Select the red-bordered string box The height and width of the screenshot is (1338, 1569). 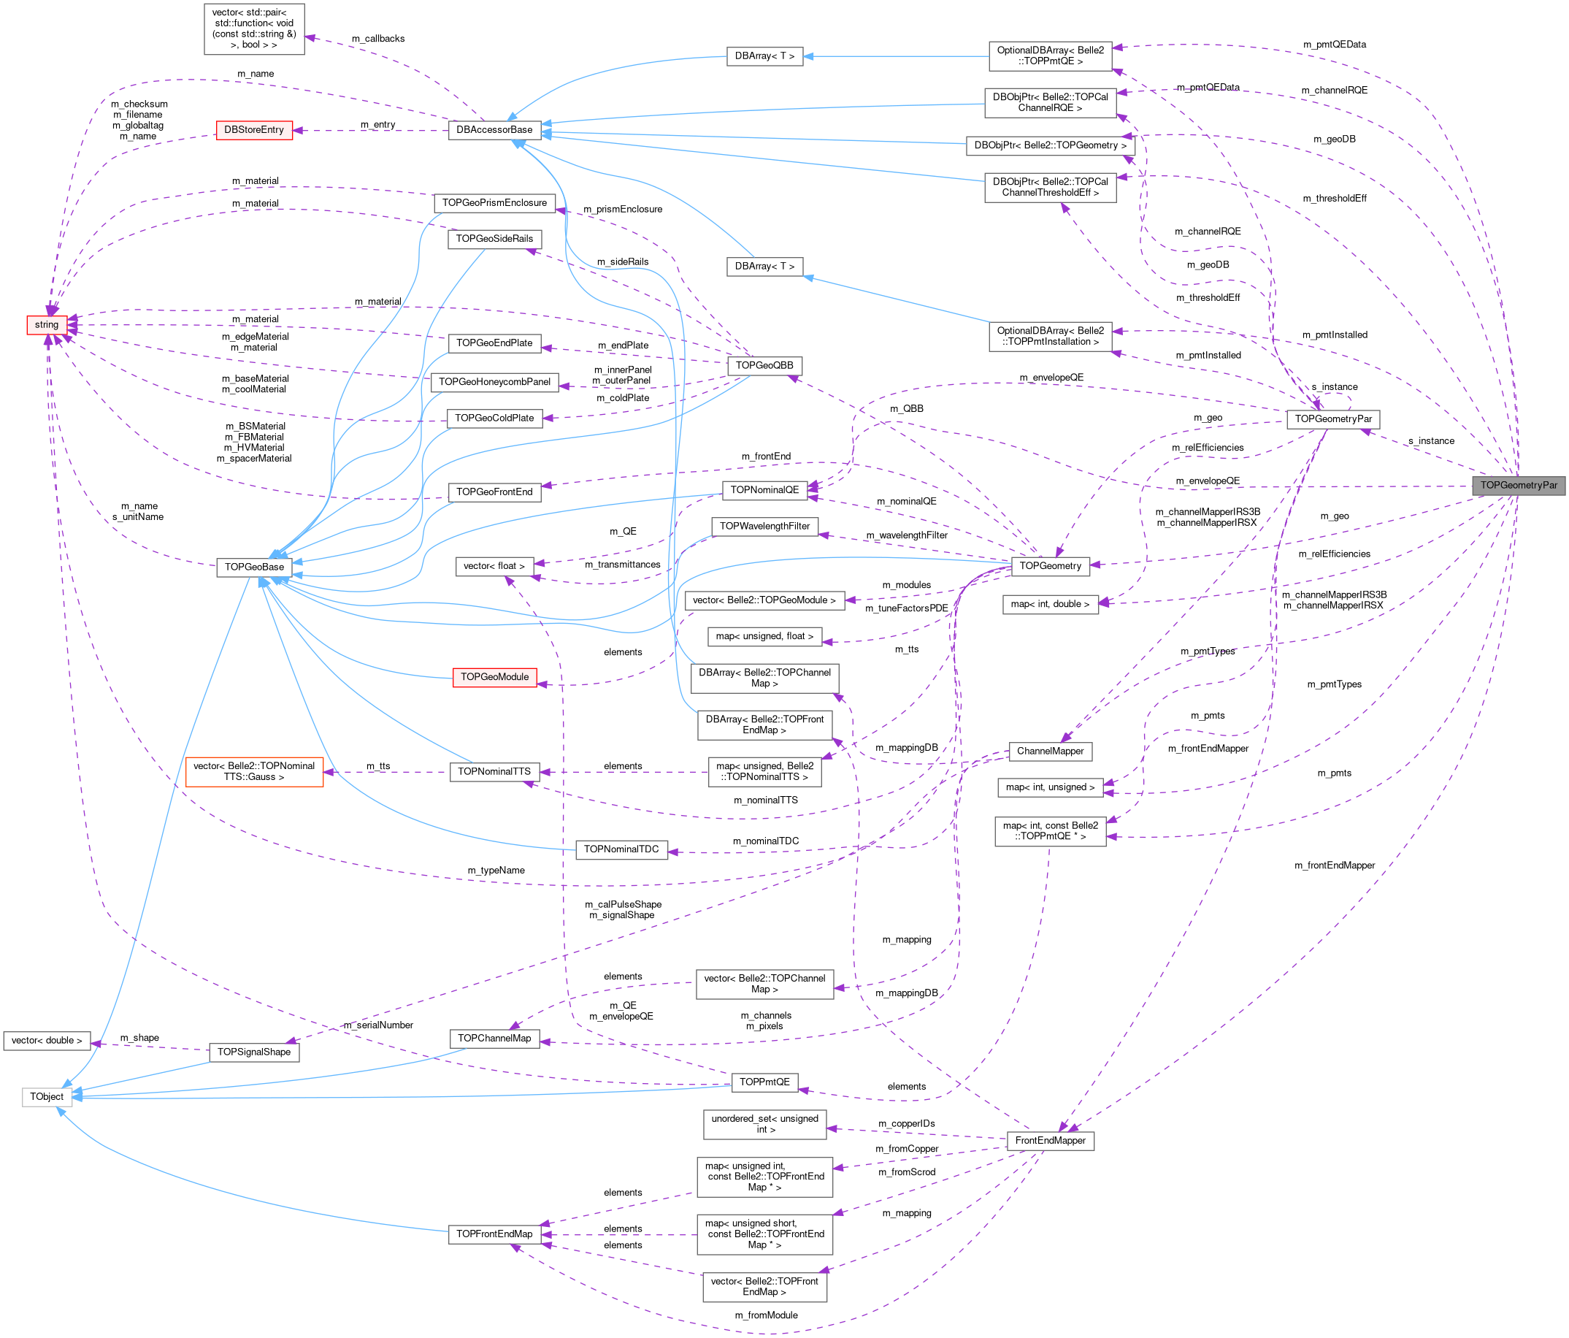click(46, 325)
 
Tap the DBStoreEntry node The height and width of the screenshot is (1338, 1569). click(253, 130)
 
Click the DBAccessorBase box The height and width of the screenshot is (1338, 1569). click(494, 130)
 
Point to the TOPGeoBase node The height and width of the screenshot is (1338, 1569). click(253, 567)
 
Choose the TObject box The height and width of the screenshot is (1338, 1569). click(46, 1096)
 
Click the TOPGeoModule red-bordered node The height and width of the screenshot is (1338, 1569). click(494, 677)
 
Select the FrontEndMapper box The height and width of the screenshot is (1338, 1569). click(1050, 1140)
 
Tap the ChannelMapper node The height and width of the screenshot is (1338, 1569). click(1050, 751)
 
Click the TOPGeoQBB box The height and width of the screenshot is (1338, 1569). click(764, 366)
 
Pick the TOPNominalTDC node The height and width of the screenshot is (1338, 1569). click(621, 849)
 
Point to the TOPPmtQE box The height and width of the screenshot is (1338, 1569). click(764, 1082)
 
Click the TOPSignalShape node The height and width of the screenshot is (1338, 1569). click(253, 1052)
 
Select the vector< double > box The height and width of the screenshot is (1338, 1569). click(46, 1040)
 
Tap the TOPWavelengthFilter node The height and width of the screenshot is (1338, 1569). click(764, 527)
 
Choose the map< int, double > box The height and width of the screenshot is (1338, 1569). click(1050, 604)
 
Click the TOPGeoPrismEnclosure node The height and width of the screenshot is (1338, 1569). click(494, 203)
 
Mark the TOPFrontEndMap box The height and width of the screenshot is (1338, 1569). click(494, 1234)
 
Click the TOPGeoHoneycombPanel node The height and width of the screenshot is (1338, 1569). click(494, 382)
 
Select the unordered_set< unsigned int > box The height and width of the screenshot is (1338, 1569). click(764, 1123)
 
